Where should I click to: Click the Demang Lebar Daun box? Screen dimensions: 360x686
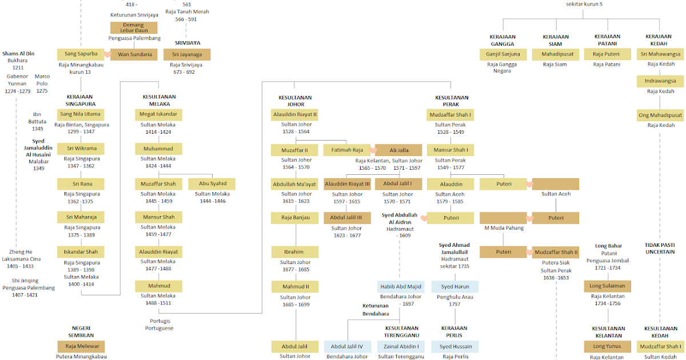point(134,27)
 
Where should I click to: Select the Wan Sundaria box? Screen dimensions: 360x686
point(135,55)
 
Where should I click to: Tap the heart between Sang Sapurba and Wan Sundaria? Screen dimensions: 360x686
point(107,55)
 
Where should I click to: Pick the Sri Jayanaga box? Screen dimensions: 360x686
point(187,55)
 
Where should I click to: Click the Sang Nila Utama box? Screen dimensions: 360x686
point(81,114)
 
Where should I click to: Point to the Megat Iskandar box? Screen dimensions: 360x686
point(158,114)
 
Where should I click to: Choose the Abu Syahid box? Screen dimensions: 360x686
point(212,184)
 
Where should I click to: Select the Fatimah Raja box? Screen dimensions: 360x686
point(347,150)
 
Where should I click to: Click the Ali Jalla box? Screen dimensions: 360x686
point(398,150)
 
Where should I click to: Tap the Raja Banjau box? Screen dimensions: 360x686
point(294,218)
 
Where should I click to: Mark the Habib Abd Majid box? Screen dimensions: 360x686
point(401,286)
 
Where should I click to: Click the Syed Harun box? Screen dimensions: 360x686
point(454,286)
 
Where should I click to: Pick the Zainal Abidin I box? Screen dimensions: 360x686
point(401,346)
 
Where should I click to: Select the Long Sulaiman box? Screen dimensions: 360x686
point(608,286)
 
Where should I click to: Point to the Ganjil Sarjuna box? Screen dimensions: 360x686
point(503,55)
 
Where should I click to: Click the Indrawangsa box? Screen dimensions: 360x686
point(660,81)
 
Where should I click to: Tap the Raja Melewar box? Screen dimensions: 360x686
point(81,346)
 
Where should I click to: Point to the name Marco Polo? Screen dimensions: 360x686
point(42,80)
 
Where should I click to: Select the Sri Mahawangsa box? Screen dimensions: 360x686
point(660,55)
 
